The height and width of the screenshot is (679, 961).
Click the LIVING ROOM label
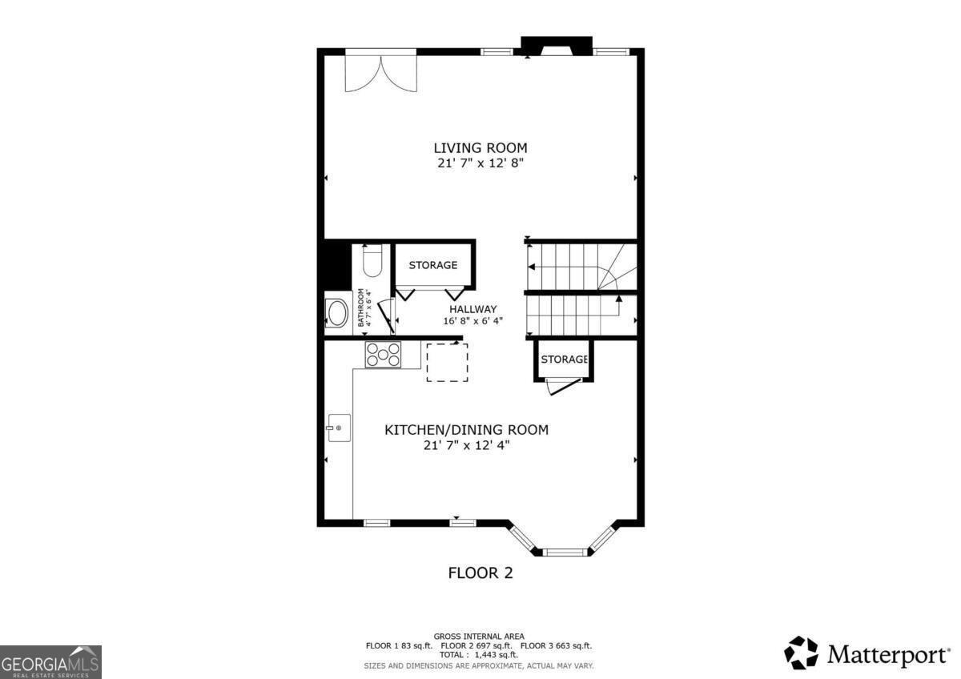(480, 147)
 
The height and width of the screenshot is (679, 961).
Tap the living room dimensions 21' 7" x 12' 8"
(480, 163)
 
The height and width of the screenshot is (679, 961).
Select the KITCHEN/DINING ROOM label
(467, 430)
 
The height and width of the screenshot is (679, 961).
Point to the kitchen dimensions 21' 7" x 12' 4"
(467, 445)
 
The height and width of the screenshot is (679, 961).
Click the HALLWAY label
(472, 309)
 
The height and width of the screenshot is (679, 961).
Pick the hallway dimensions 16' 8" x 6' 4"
(472, 321)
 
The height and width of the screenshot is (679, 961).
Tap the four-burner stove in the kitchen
(384, 355)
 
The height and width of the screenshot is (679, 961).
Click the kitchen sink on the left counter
(336, 428)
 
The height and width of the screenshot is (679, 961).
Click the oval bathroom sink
(336, 313)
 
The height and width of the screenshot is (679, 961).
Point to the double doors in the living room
(381, 70)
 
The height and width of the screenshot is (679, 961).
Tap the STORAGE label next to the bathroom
(433, 265)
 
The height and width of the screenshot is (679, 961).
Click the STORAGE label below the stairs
(565, 360)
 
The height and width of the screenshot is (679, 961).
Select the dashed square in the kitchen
(447, 363)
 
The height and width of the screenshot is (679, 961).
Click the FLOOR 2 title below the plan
(480, 573)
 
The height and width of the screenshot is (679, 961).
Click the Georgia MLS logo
(51, 661)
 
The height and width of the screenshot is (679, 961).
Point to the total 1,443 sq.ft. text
(479, 654)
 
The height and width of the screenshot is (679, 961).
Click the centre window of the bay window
(567, 552)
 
